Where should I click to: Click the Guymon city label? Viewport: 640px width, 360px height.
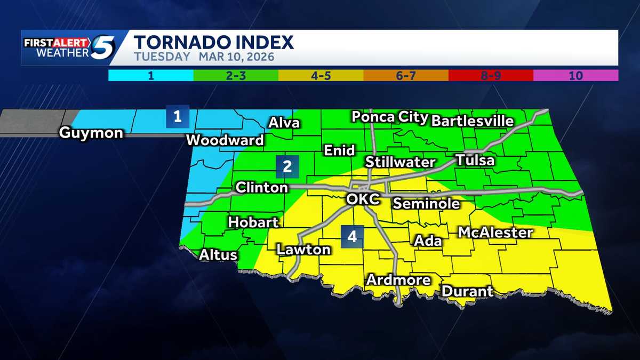click(91, 132)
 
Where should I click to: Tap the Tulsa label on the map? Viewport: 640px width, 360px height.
click(475, 160)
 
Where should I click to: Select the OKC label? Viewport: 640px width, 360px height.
click(363, 199)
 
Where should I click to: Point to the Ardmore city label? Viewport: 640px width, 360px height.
click(398, 279)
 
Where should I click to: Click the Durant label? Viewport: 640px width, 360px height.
click(467, 291)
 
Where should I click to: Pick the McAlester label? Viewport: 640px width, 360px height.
click(495, 233)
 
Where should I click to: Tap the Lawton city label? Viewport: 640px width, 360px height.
click(303, 249)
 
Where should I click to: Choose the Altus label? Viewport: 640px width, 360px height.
click(218, 255)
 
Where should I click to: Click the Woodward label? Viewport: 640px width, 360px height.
click(225, 140)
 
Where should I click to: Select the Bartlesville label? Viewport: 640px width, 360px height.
click(472, 121)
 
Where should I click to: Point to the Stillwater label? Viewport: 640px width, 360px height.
click(401, 162)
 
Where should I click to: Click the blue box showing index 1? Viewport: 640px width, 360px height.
click(177, 117)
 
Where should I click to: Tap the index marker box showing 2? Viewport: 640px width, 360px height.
click(287, 166)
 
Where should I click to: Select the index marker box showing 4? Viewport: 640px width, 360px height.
click(352, 236)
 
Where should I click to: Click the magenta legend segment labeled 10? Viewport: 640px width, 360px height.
click(575, 75)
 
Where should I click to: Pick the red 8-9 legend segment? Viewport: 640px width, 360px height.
click(491, 75)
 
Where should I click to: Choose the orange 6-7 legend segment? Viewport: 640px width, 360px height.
click(405, 75)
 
